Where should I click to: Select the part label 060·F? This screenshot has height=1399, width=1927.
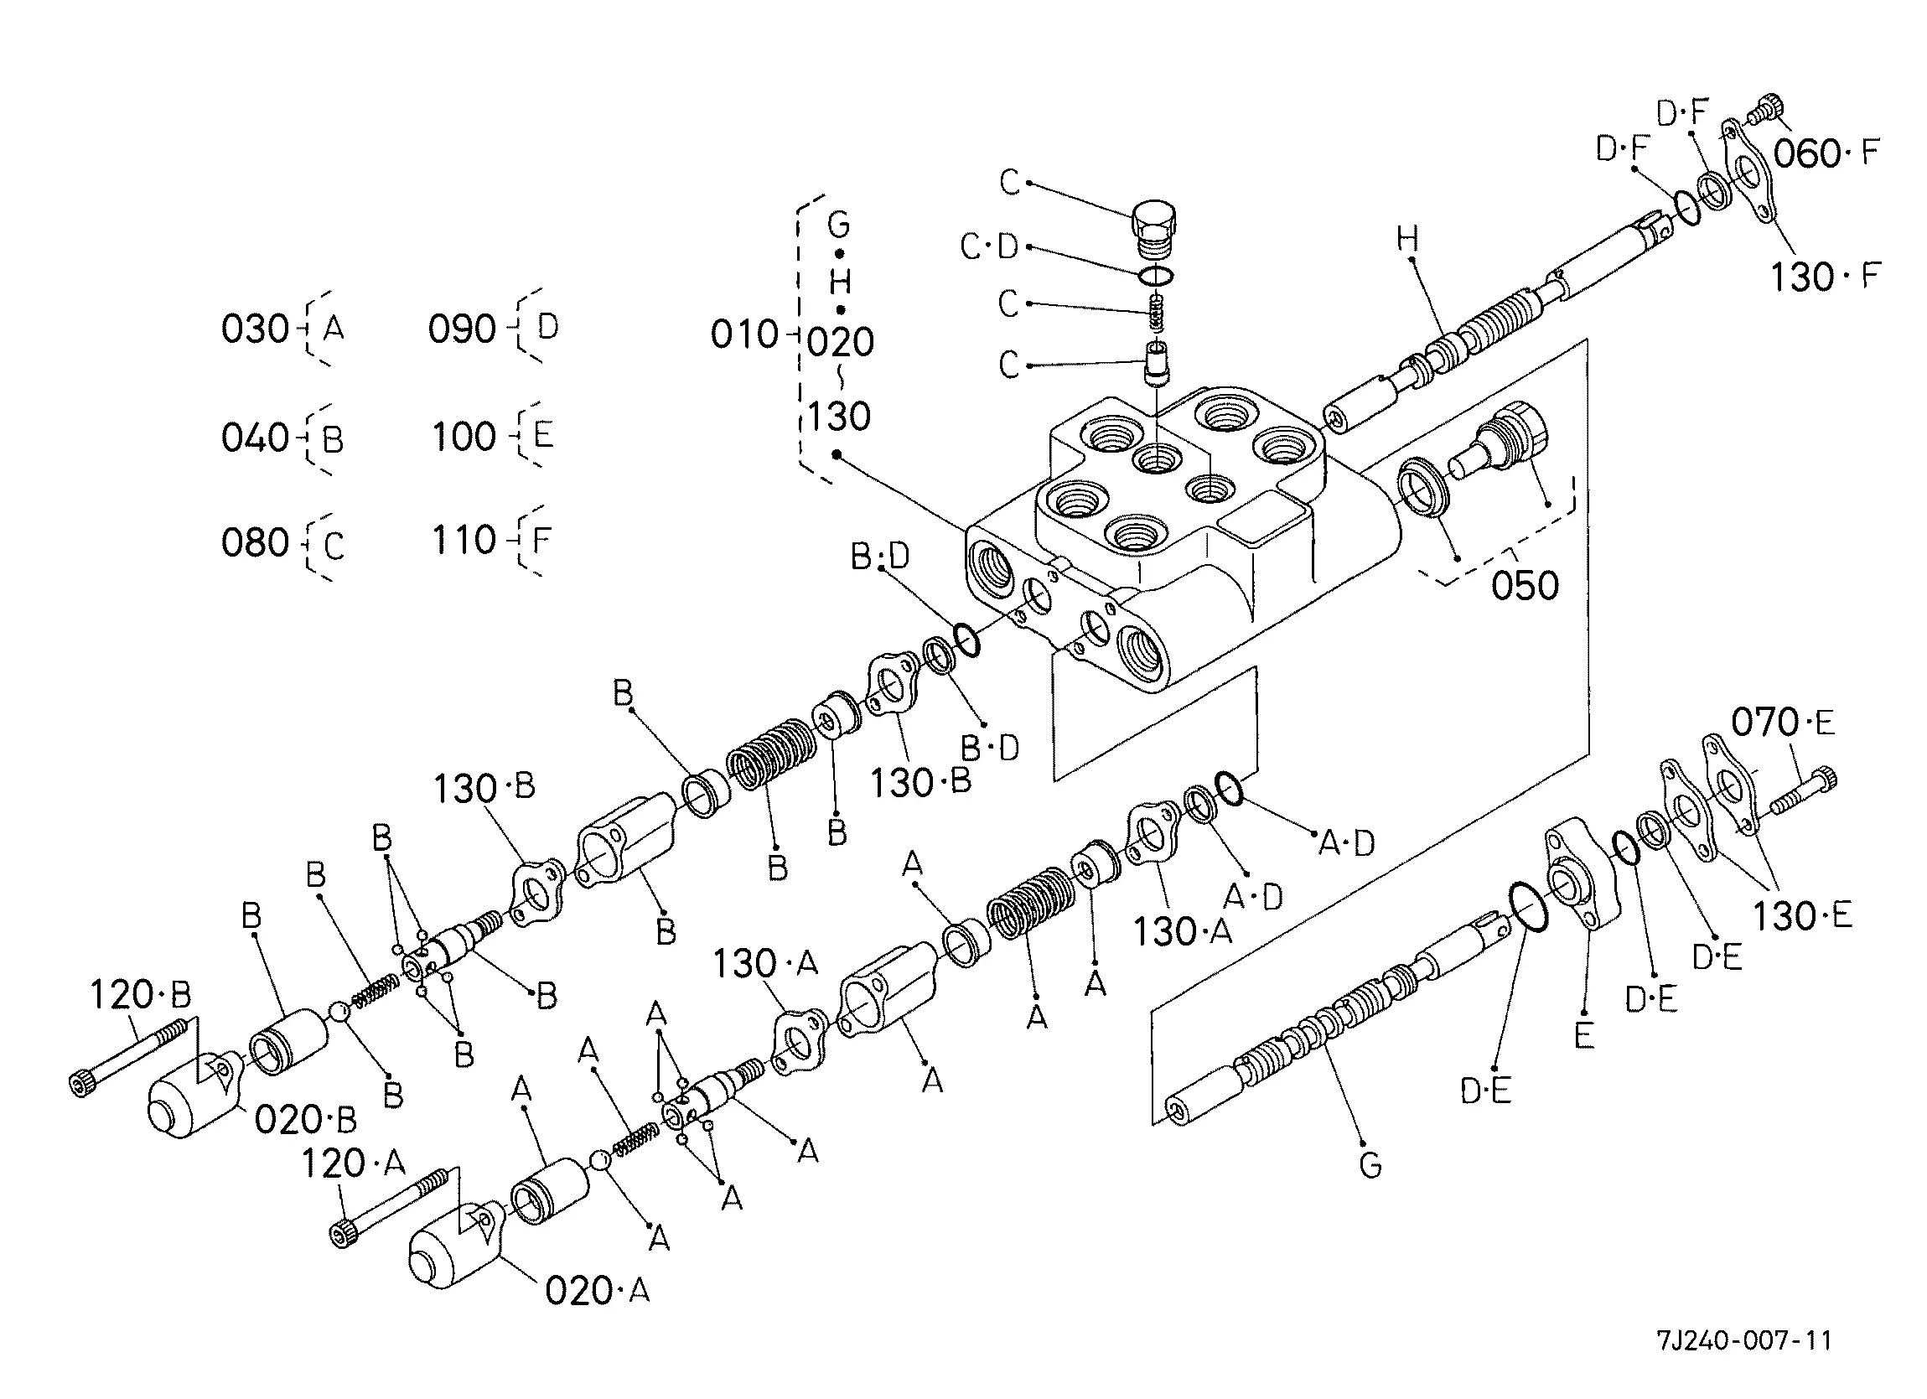point(1826,154)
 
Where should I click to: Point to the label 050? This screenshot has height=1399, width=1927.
point(1526,586)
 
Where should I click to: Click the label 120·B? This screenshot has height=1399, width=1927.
point(140,994)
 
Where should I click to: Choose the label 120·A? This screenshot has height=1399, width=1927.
point(354,1163)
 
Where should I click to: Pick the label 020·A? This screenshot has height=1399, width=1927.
point(598,1291)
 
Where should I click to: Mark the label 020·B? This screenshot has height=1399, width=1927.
point(306,1120)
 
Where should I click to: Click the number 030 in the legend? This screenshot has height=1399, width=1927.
point(255,329)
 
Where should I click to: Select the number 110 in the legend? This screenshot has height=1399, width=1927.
point(464,540)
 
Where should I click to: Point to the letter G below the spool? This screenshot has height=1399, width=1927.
point(1370,1163)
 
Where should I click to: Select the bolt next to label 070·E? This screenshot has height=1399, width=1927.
point(1804,791)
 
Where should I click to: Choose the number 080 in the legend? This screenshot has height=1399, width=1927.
point(255,543)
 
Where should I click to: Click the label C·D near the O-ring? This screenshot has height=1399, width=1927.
point(989,246)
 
